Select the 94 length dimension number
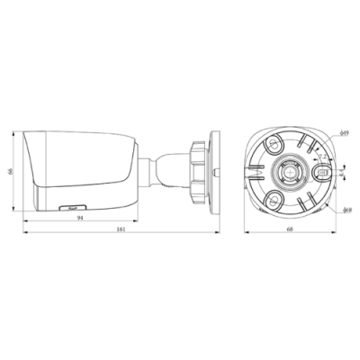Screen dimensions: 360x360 click(x=81, y=219)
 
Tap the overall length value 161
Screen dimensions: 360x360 click(x=121, y=231)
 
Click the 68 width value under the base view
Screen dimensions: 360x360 click(x=289, y=231)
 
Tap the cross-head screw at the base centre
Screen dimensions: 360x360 click(x=290, y=170)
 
